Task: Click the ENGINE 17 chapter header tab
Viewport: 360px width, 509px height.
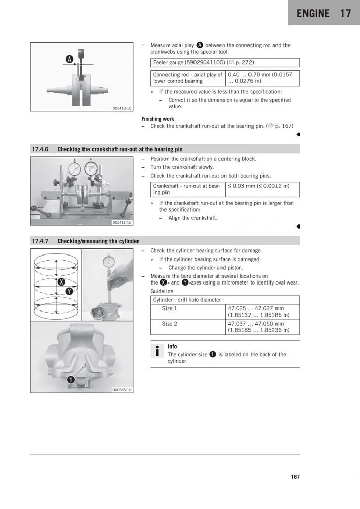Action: coord(324,13)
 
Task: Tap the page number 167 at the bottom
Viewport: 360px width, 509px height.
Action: coord(295,477)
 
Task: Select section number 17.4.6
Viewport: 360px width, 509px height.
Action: coord(40,149)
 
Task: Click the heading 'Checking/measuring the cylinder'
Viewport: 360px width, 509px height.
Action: coord(98,241)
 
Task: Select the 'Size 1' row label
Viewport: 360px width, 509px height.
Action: coord(170,308)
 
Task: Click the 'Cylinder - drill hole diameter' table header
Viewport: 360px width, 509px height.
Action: coord(187,300)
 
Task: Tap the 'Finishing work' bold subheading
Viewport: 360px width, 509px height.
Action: coord(157,119)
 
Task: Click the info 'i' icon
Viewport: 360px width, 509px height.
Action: coord(157,351)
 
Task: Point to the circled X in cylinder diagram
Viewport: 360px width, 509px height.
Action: coord(62,282)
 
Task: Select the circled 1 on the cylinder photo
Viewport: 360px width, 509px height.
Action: coord(72,379)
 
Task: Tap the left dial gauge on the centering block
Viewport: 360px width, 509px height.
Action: coord(75,168)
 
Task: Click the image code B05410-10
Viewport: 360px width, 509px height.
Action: coord(122,108)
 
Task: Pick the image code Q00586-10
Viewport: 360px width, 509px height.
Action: coord(122,390)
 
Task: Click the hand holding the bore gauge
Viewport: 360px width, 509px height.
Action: coord(120,275)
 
